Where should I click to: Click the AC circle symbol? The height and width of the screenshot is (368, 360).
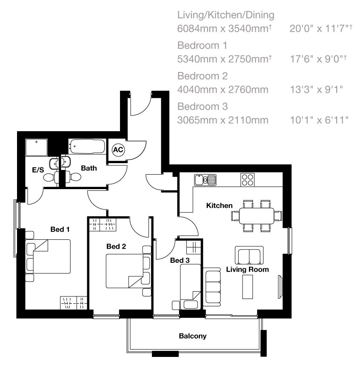[118, 149]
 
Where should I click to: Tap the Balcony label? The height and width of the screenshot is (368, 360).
[192, 336]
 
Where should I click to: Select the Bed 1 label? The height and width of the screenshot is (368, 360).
[60, 229]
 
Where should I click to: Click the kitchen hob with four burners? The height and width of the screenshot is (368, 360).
[247, 180]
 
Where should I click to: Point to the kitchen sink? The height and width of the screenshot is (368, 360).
[205, 180]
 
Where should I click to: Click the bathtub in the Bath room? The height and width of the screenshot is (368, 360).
[87, 147]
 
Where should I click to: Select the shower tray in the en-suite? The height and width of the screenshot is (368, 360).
[37, 147]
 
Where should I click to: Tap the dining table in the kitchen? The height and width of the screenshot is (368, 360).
[257, 216]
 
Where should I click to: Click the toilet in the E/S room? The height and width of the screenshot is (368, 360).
[51, 177]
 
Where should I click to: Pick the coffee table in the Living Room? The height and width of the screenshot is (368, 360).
[247, 287]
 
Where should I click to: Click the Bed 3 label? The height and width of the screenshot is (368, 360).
[180, 260]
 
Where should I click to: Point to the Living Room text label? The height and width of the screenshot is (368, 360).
[247, 270]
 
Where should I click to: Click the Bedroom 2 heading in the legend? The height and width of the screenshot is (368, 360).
[203, 76]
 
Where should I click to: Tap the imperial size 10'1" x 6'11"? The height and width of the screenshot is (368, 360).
[319, 120]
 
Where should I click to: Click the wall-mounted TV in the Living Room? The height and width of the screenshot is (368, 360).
[280, 287]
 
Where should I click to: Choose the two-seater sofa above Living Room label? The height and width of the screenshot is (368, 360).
[249, 256]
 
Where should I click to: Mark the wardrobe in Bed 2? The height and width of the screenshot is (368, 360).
[103, 224]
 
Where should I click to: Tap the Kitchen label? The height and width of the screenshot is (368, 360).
[219, 206]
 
